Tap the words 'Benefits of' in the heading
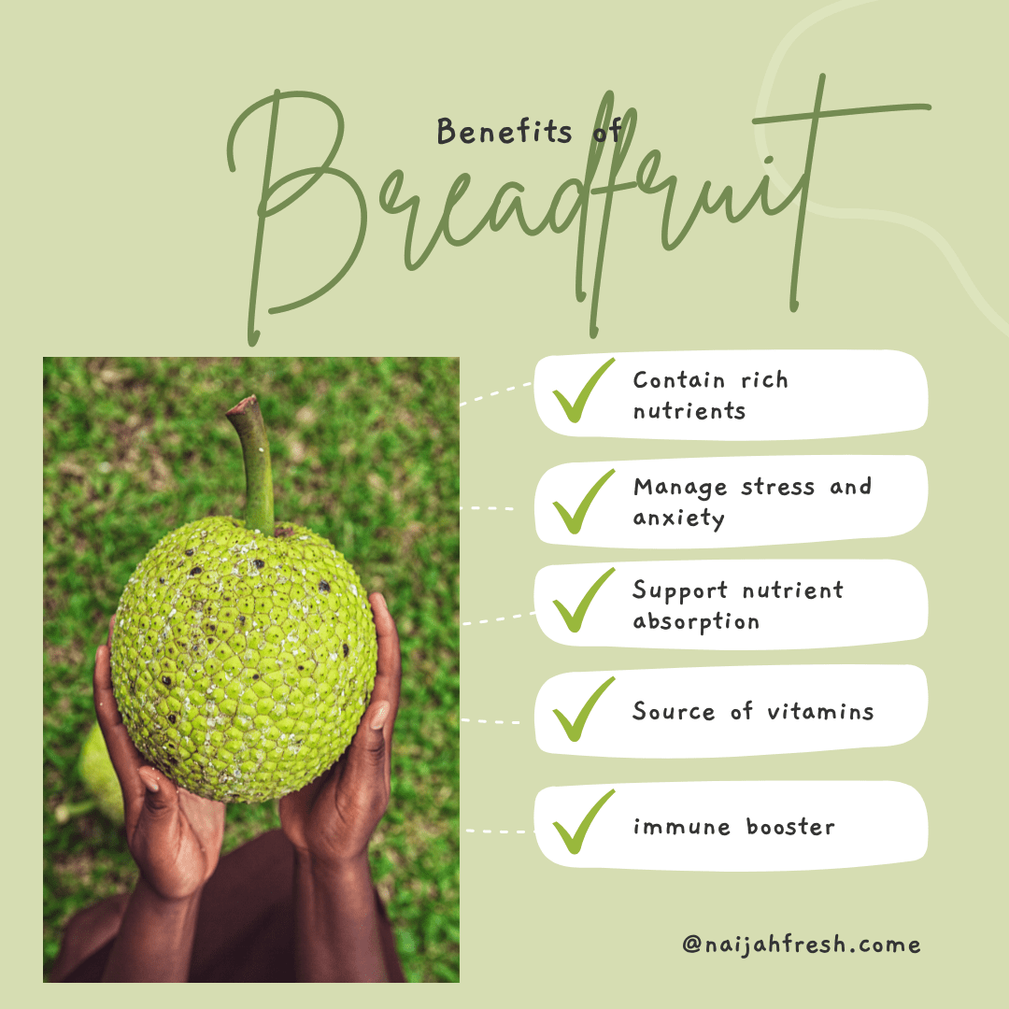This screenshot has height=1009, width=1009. pyautogui.click(x=529, y=133)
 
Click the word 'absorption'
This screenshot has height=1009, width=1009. pyautogui.click(x=696, y=622)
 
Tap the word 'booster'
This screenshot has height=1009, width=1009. pyautogui.click(x=790, y=827)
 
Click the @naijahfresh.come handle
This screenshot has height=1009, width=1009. pyautogui.click(x=801, y=945)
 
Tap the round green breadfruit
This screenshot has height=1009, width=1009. pyautogui.click(x=243, y=654)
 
